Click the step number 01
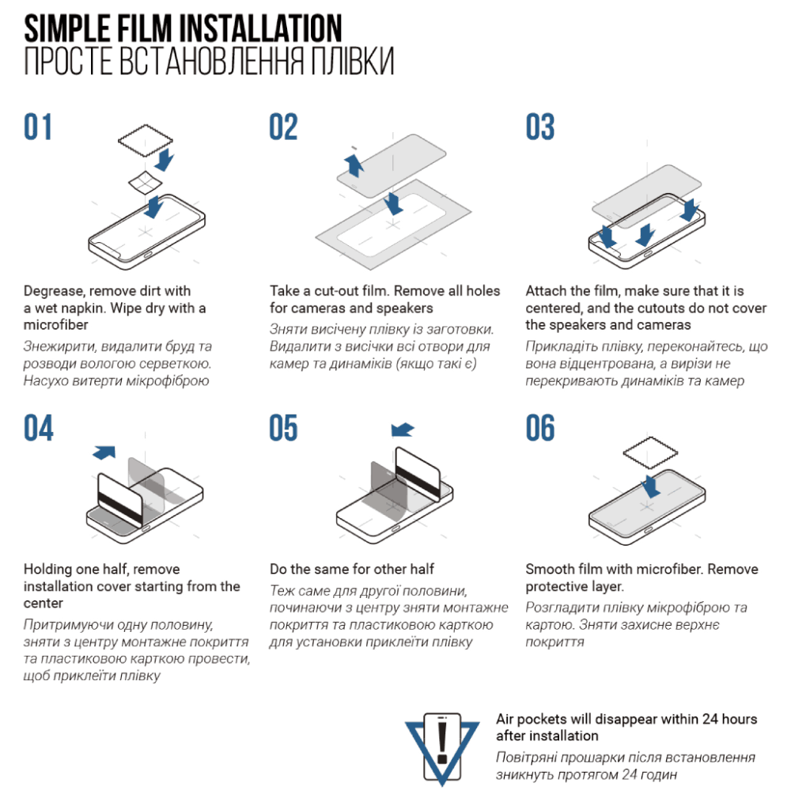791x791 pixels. click(38, 127)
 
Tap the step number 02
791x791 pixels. click(283, 127)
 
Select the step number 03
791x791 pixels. click(539, 127)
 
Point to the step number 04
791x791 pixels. click(38, 428)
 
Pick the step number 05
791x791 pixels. click(283, 428)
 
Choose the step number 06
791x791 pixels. click(539, 428)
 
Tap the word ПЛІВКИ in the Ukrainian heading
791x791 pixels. click(352, 61)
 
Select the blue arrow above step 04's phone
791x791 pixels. click(104, 452)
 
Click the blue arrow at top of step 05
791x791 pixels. click(403, 430)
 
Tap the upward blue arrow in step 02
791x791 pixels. click(354, 165)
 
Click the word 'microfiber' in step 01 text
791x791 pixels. click(56, 325)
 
